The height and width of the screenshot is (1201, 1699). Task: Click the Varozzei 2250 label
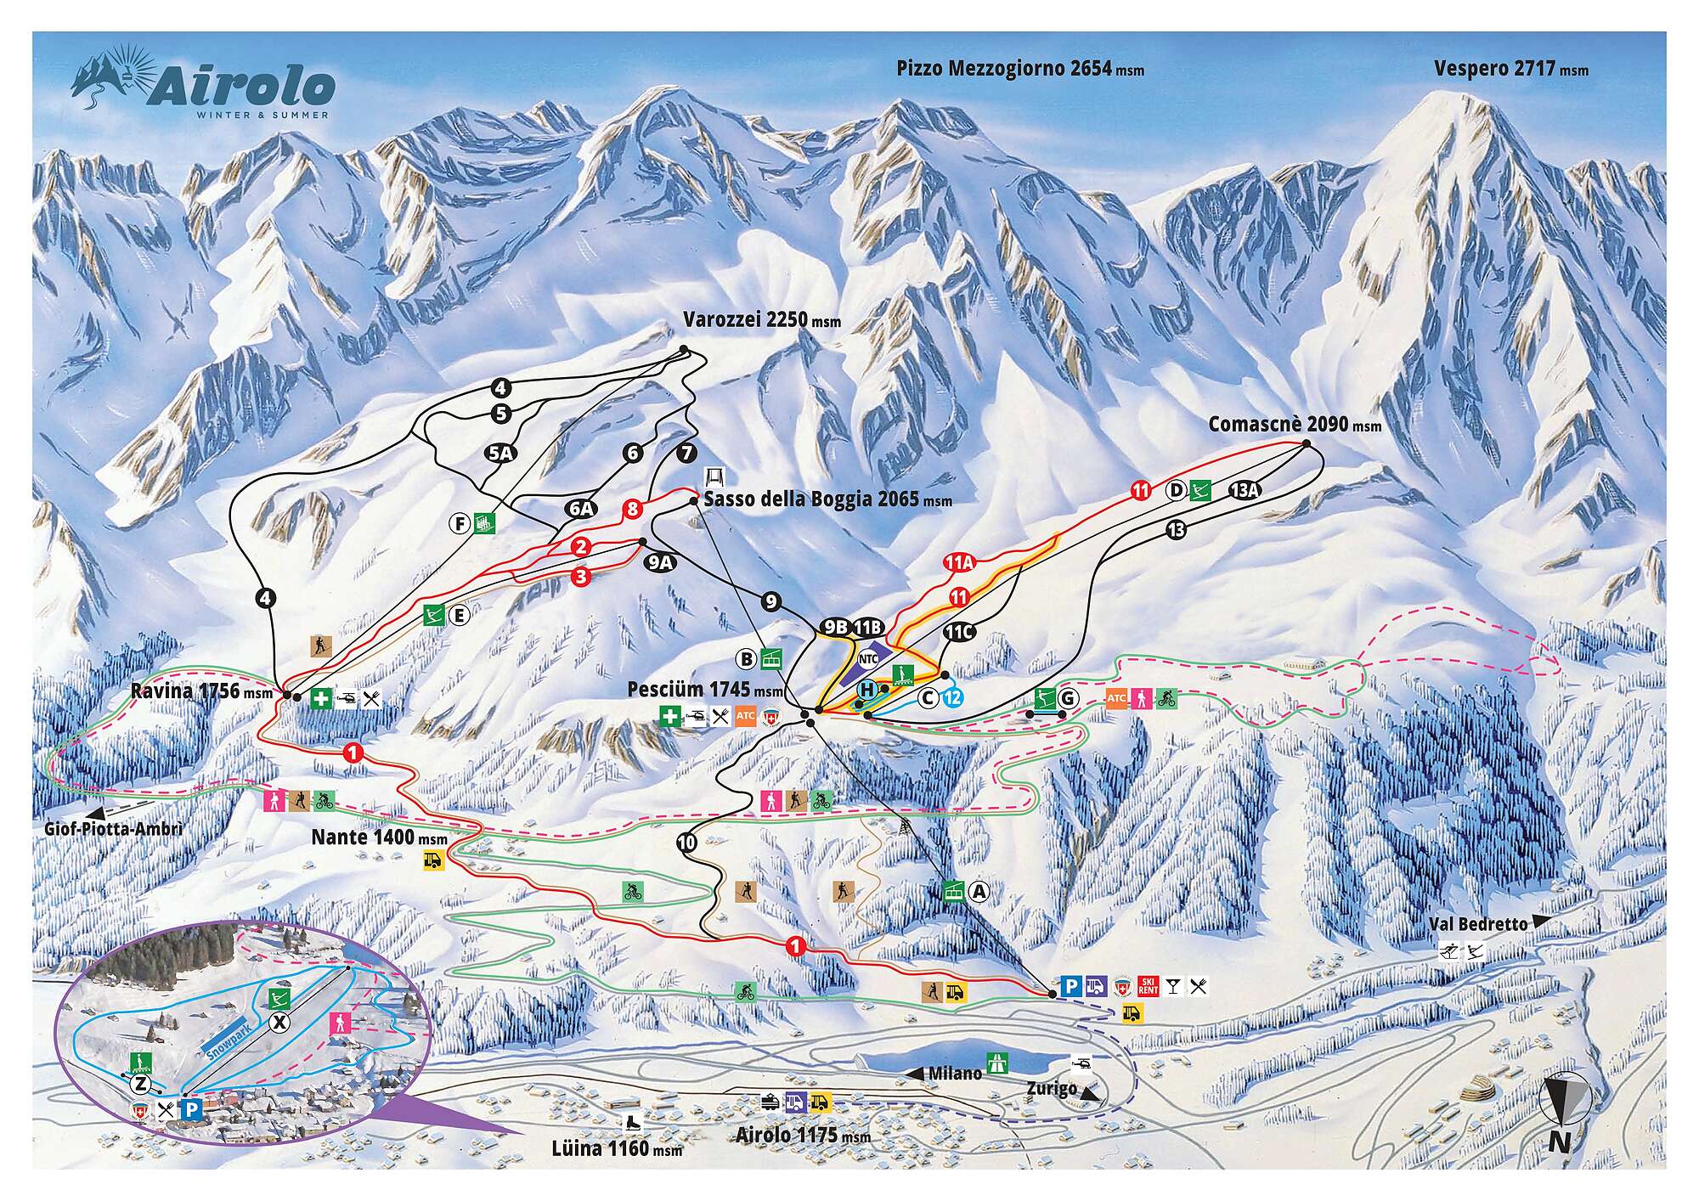point(761,320)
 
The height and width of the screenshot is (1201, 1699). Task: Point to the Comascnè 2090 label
point(1294,424)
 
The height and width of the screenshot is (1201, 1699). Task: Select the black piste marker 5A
point(500,453)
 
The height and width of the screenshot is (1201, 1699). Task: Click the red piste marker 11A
point(957,562)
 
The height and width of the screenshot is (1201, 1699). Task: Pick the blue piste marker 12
point(952,697)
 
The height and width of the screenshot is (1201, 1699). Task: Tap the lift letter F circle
point(460,523)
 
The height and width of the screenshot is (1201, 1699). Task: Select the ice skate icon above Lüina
point(631,1120)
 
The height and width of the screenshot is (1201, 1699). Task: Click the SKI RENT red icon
point(1149,986)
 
